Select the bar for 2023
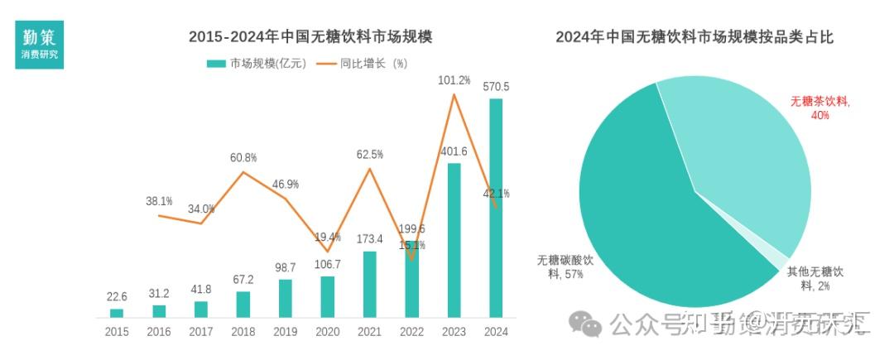(x=454, y=240)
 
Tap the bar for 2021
(x=369, y=284)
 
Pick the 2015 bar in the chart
(x=117, y=313)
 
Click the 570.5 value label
(x=496, y=86)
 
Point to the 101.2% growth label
(x=454, y=80)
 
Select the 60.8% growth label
(x=243, y=157)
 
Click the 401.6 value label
(x=454, y=151)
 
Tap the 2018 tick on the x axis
(x=243, y=332)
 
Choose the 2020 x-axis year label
(x=327, y=332)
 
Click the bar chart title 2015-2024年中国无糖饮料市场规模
(x=310, y=37)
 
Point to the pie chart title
(x=694, y=37)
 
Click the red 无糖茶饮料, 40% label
(x=819, y=108)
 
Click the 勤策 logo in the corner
(x=39, y=46)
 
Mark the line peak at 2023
(x=454, y=95)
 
